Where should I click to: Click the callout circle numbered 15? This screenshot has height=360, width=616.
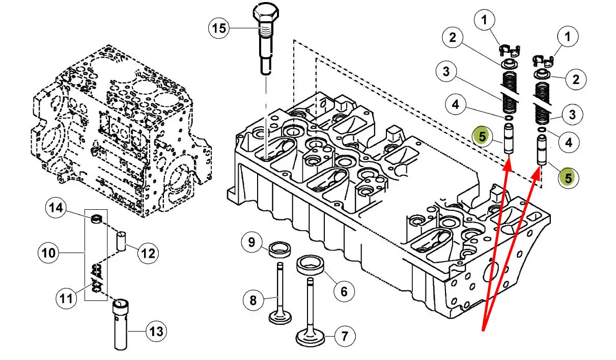219,28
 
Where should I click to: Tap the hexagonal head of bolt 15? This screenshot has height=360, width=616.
266,13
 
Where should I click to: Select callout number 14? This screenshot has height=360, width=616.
56,208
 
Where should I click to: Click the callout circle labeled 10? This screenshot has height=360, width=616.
48,253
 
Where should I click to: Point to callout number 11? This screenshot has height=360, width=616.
66,298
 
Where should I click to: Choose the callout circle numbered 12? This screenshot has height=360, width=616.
148,253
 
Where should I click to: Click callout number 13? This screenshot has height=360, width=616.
156,331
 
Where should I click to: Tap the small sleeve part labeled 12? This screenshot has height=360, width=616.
121,241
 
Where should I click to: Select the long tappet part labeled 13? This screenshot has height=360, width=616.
121,324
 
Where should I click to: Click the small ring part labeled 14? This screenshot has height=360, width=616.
97,218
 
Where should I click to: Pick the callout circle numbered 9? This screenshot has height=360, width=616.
251,242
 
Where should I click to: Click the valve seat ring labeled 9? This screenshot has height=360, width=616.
279,250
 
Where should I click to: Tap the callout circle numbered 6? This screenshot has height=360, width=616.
344,292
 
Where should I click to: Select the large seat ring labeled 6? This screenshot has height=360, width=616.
310,265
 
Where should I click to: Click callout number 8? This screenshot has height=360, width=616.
254,300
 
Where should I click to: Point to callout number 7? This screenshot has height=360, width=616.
345,336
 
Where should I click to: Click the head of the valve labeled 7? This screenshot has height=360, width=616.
310,339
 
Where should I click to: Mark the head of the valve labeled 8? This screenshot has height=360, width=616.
280,318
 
